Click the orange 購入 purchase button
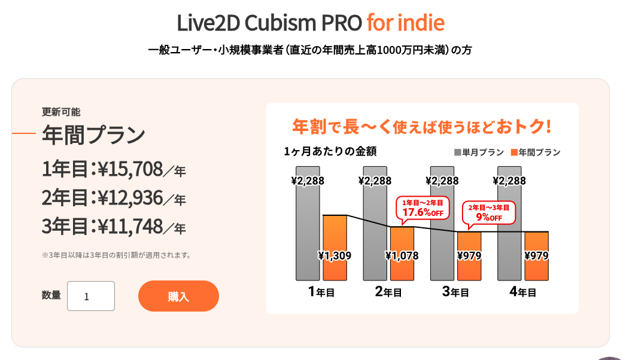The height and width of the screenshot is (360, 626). (178, 296)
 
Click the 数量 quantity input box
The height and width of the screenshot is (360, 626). (91, 296)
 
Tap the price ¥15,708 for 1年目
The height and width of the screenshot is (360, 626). (130, 169)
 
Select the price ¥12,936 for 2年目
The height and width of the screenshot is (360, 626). (130, 198)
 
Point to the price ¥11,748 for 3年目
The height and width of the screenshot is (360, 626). (130, 227)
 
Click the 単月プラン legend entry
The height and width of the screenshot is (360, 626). (479, 152)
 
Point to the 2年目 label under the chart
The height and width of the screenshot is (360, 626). (388, 292)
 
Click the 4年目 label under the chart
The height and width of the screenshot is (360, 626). (522, 292)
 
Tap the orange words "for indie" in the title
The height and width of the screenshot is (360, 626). (405, 23)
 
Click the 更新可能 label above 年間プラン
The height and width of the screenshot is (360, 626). (60, 112)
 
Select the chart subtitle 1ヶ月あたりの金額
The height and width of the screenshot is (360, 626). (330, 151)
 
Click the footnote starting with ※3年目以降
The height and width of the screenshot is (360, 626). (116, 255)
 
